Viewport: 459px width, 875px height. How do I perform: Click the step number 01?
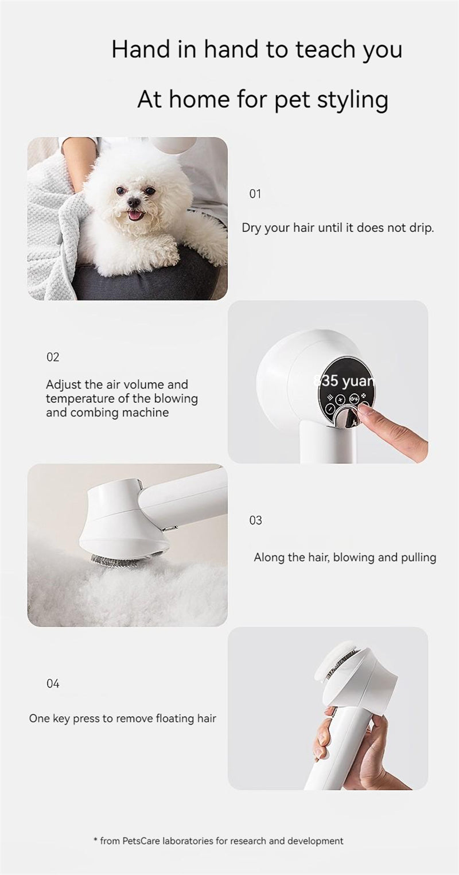[255, 194]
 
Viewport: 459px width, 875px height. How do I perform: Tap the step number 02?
[53, 357]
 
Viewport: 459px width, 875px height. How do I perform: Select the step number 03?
[255, 520]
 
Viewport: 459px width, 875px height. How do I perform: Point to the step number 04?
[53, 684]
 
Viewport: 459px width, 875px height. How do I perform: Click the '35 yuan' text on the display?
[344, 380]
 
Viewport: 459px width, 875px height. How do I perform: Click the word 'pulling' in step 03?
[417, 557]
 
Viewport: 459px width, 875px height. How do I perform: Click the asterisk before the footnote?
[95, 840]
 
